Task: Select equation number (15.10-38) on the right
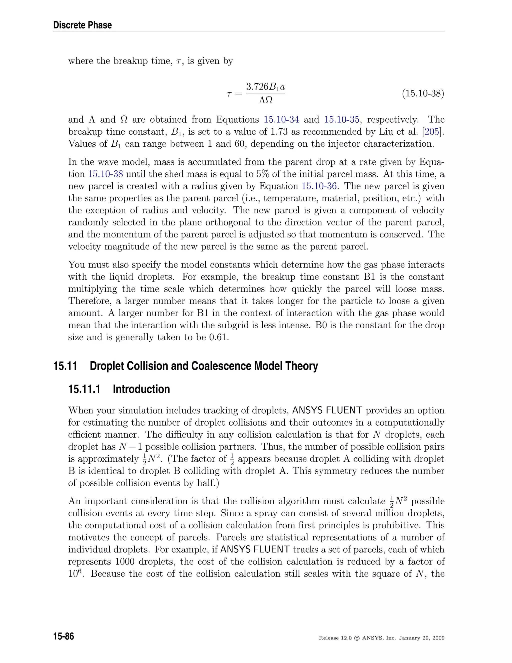coord(423,94)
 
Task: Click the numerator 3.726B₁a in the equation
coord(265,87)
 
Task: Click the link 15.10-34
coord(281,120)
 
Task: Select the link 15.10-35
coord(342,120)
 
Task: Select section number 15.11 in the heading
coord(65,366)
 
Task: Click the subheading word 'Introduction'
coord(141,389)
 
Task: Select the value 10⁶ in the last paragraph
coord(74,573)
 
